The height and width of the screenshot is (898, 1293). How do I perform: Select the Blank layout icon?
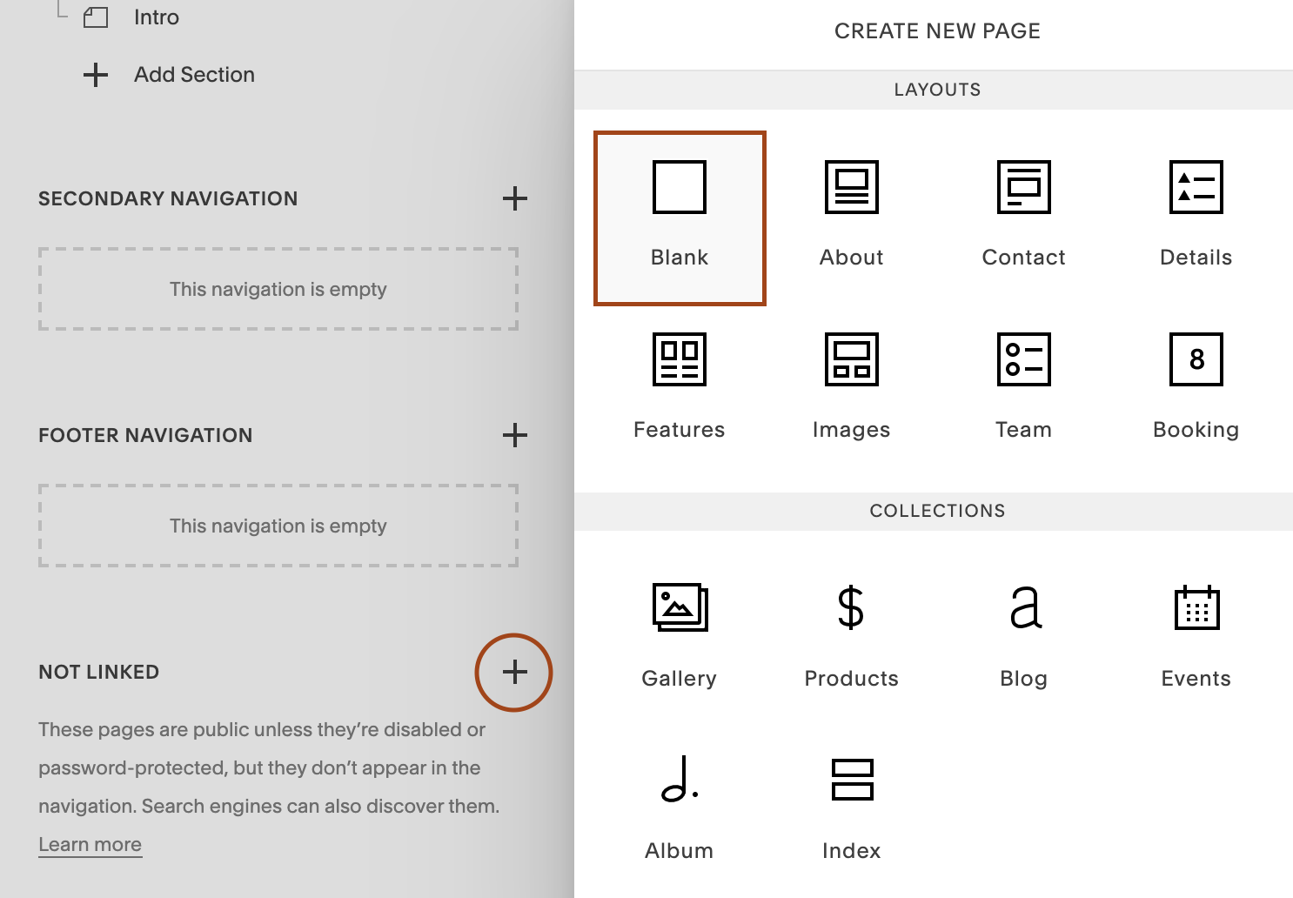click(680, 187)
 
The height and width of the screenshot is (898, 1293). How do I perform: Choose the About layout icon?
click(852, 187)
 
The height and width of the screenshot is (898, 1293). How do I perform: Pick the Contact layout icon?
click(1024, 187)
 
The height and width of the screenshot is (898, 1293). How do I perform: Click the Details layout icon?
click(1196, 187)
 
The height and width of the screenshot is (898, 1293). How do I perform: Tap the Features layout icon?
click(680, 359)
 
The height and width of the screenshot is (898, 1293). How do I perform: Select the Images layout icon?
click(852, 359)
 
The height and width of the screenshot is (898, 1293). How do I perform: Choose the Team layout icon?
click(1024, 359)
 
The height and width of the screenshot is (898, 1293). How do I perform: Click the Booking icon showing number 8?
click(1196, 359)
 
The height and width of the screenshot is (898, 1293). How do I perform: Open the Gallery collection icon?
click(680, 607)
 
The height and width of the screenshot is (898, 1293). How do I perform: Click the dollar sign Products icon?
click(851, 607)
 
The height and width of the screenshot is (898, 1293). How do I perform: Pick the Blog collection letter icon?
click(1025, 607)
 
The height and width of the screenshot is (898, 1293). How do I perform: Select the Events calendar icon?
click(1196, 607)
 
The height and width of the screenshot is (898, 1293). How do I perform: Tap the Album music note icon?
click(680, 779)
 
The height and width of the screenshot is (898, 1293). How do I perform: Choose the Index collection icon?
click(852, 779)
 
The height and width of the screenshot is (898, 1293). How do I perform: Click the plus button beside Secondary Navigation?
click(515, 198)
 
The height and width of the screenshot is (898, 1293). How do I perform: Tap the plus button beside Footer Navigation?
click(515, 435)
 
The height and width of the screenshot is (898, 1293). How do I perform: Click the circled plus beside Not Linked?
click(514, 672)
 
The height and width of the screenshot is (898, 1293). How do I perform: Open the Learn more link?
click(90, 844)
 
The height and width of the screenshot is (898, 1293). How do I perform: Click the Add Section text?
click(194, 75)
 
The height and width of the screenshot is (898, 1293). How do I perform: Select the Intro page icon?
click(96, 17)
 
